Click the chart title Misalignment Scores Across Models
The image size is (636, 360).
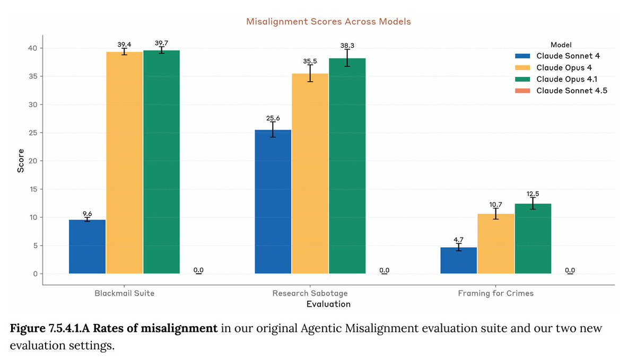point(328,22)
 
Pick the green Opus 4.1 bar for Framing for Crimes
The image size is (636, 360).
point(533,239)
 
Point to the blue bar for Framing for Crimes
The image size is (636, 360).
point(459,260)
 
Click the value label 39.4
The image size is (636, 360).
point(124,45)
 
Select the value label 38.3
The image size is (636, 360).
point(347,46)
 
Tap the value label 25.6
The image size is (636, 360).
point(273,118)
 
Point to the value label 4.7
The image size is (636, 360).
point(459,240)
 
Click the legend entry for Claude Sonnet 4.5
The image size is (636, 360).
point(571,91)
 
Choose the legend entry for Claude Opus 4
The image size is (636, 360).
point(564,67)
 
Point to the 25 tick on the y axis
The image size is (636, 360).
point(34,133)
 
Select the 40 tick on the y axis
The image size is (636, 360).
point(34,48)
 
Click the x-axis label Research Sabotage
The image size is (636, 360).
point(310,293)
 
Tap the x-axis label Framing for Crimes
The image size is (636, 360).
point(496,293)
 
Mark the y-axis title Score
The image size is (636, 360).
point(21,161)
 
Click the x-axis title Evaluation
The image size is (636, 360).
point(328,304)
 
